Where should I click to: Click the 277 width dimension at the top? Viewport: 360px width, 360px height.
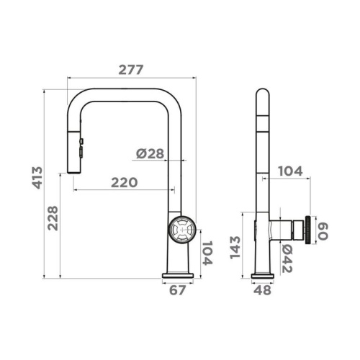[131, 70]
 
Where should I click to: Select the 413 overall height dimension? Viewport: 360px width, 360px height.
[37, 178]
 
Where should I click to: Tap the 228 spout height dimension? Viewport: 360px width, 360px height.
[53, 218]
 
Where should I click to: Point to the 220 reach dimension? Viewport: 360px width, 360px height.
[125, 182]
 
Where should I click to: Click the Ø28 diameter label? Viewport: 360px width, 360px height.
[150, 153]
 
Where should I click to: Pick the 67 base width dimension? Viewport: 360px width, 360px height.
[177, 290]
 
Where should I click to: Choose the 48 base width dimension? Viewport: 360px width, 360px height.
[263, 290]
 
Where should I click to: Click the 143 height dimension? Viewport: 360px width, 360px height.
[235, 248]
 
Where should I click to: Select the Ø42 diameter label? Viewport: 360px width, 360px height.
[287, 258]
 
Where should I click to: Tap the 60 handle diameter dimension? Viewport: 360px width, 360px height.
[323, 231]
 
